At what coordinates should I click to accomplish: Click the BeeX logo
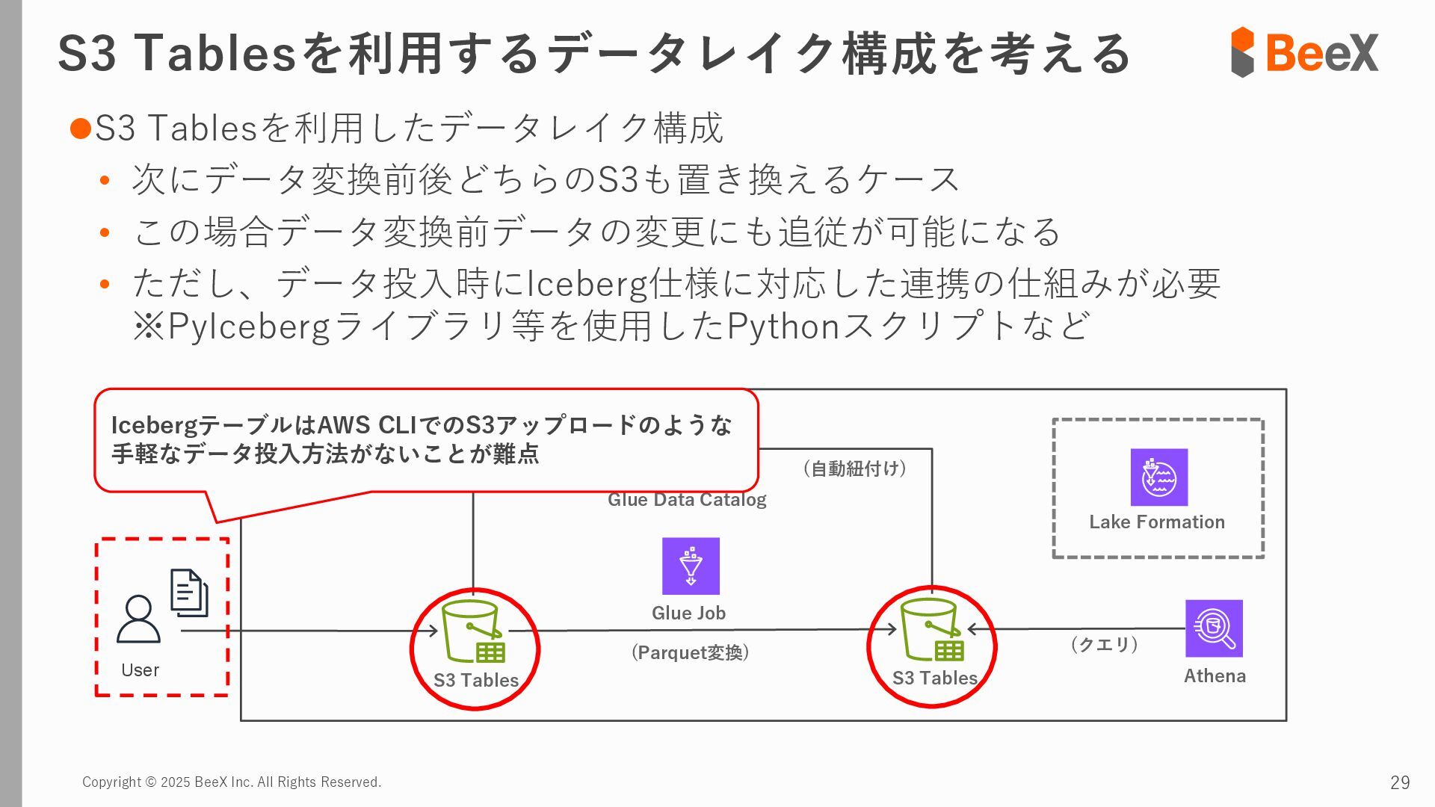point(1304,52)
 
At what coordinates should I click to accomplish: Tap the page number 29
point(1399,782)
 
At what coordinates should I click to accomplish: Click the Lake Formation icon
point(1158,477)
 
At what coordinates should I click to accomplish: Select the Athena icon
point(1214,628)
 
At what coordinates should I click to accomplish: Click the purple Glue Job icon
point(691,566)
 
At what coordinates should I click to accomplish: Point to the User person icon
point(138,619)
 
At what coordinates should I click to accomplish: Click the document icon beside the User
point(189,593)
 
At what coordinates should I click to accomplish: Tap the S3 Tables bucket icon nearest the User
point(473,631)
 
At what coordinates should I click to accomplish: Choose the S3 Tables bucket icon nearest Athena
point(932,630)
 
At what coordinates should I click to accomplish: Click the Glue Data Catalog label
point(687,500)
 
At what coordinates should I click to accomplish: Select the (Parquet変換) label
point(690,652)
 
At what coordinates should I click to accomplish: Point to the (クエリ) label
point(1104,644)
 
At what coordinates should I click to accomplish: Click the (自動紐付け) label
point(854,469)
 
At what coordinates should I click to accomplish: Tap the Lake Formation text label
point(1157,522)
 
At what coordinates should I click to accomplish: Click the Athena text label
point(1215,676)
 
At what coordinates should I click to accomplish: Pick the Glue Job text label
point(688,613)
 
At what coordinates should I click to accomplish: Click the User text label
point(140,670)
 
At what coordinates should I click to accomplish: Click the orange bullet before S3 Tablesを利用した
point(80,129)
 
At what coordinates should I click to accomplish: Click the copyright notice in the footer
point(232,782)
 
